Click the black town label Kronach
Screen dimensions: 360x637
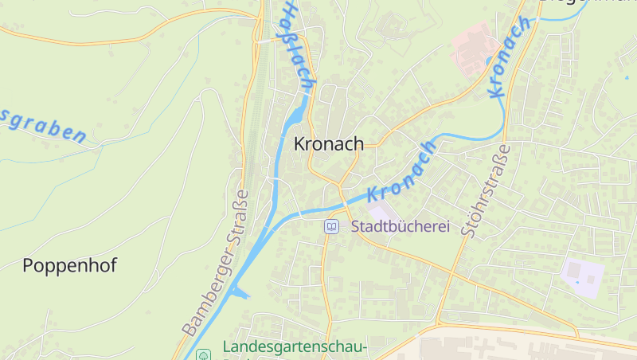pyautogui.click(x=328, y=144)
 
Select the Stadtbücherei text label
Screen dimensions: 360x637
pyautogui.click(x=401, y=226)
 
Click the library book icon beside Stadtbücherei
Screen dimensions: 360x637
pyautogui.click(x=331, y=227)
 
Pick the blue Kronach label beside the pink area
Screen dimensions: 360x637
pyautogui.click(x=510, y=57)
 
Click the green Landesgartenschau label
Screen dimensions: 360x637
pyautogui.click(x=294, y=347)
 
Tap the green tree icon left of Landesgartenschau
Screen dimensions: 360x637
pyautogui.click(x=204, y=354)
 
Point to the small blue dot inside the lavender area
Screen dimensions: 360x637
pyautogui.click(x=590, y=280)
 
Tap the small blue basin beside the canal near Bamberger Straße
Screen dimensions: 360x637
pyautogui.click(x=240, y=293)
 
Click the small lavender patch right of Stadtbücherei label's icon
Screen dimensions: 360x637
pyautogui.click(x=374, y=213)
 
